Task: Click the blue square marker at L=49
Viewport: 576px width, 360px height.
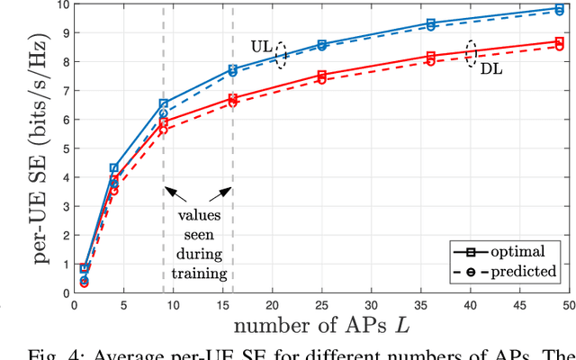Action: pyautogui.click(x=559, y=9)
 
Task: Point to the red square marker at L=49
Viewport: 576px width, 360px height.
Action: pyautogui.click(x=559, y=42)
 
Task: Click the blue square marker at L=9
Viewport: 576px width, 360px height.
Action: pyautogui.click(x=163, y=104)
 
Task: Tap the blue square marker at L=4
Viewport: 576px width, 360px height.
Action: pyautogui.click(x=114, y=168)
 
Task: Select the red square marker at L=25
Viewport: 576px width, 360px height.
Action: pyautogui.click(x=322, y=76)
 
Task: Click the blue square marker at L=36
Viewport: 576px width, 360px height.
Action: pyautogui.click(x=430, y=23)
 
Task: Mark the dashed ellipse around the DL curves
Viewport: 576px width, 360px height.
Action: pyautogui.click(x=470, y=52)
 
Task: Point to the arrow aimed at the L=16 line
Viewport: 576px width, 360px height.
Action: pyautogui.click(x=219, y=193)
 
